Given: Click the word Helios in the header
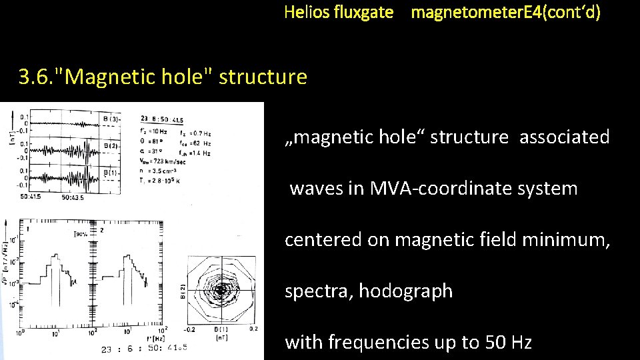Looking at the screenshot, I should point(306,12).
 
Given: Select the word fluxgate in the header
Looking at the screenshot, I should point(363,12).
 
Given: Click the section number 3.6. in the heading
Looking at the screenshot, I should point(37,77).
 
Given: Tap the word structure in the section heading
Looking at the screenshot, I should point(263,77).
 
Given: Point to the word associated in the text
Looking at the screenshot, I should point(564,137).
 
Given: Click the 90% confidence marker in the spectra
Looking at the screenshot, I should point(83,234).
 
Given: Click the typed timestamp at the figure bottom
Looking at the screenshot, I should point(144,347).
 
